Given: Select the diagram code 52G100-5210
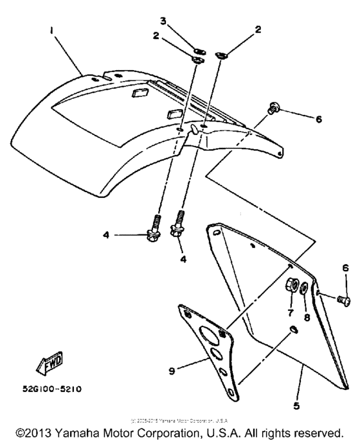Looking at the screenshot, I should (56, 389).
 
